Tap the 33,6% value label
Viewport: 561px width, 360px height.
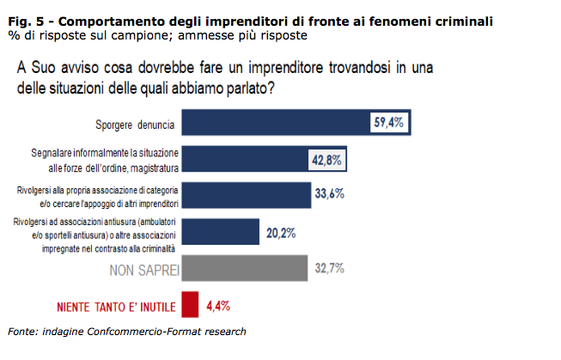click(x=328, y=194)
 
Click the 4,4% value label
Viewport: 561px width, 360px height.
click(x=216, y=305)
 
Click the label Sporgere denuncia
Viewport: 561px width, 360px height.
click(x=135, y=125)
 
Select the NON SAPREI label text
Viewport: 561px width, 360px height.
click(x=143, y=270)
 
